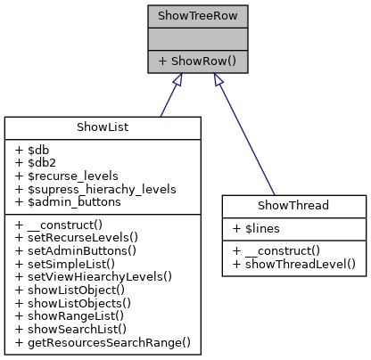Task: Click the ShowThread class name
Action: [x=293, y=205]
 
